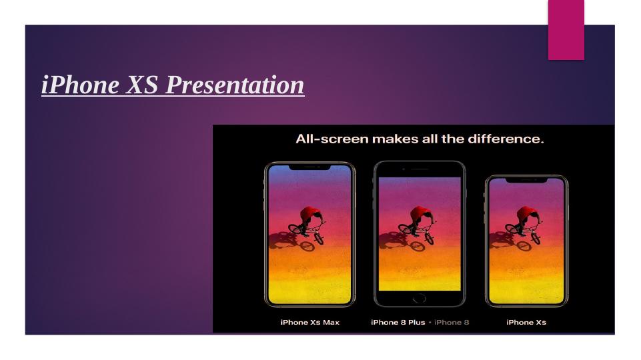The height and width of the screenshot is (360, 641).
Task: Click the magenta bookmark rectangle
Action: (566, 30)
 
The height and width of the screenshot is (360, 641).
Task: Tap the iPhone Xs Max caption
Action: (310, 323)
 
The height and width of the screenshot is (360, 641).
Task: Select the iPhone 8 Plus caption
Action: (398, 323)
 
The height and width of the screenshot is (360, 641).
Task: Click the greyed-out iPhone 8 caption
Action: (452, 323)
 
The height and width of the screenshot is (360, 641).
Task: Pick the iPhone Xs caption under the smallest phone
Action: (526, 323)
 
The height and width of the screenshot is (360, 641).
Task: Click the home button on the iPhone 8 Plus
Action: (420, 298)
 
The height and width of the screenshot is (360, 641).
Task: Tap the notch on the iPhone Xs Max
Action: (309, 167)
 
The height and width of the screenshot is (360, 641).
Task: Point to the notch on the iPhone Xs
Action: (526, 180)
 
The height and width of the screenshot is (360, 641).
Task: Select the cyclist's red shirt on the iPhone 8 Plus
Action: (421, 214)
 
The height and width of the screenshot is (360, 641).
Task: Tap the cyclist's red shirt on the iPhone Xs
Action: (527, 214)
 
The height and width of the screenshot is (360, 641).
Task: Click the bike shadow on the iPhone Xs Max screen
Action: (290, 241)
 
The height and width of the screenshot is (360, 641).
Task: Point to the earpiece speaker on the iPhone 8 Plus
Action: (420, 169)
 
